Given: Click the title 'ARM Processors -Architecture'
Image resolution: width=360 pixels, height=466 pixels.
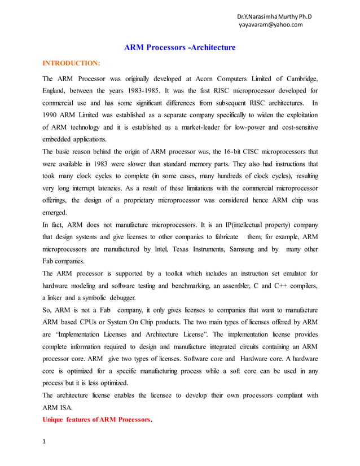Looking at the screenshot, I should click(179, 47).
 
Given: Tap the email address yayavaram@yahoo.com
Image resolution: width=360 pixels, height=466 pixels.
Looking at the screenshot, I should click(270, 24).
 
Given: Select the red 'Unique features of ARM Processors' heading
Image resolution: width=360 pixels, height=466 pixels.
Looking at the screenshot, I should click(97, 419).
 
